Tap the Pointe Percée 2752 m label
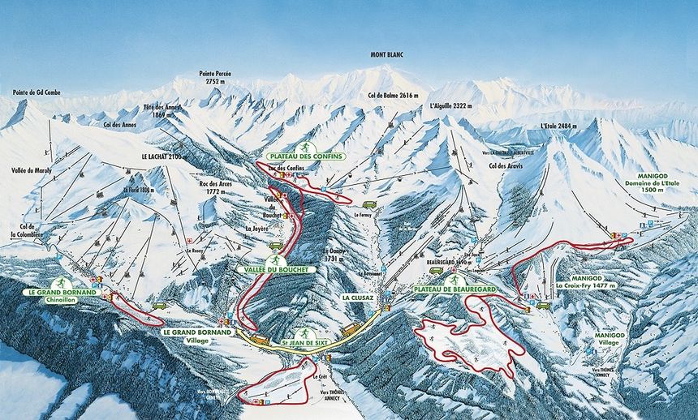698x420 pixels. point(215,78)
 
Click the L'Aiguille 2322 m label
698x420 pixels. point(450,106)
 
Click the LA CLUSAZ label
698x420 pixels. point(357,297)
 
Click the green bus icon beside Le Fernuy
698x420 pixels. point(369,205)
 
